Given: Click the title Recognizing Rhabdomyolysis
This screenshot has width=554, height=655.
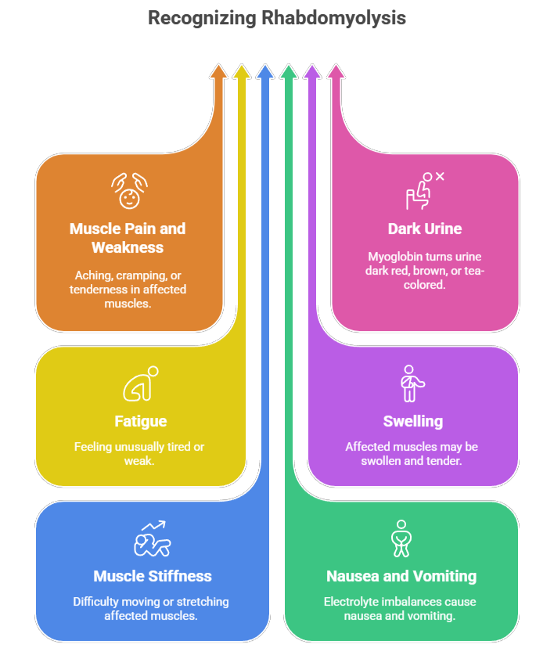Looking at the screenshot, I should (277, 17).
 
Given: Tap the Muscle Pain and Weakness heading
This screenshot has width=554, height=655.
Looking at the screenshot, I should (128, 238).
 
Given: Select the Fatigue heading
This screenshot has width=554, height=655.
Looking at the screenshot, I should (142, 421).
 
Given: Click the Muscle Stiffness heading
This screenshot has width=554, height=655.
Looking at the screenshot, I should (153, 576).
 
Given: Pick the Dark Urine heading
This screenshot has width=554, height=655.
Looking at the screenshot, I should (425, 229).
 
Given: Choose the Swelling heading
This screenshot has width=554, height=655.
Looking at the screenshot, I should (413, 421).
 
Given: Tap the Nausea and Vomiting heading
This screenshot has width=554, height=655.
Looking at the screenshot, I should (401, 576).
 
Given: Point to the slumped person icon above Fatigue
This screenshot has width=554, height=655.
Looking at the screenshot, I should (141, 383).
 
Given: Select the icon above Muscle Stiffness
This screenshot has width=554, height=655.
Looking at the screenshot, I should (153, 538).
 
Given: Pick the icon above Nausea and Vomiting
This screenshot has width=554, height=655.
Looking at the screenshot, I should (401, 538).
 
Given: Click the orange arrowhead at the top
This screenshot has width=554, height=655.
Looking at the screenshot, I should (218, 72).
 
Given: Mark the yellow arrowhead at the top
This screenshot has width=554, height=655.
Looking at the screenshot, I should (242, 72).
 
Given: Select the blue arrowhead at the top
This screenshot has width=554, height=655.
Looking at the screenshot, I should (265, 72).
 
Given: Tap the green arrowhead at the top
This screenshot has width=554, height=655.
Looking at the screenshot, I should (289, 72).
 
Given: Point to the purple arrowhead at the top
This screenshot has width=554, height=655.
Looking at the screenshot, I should (312, 72).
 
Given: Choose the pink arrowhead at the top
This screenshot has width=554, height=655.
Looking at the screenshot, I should (336, 72).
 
